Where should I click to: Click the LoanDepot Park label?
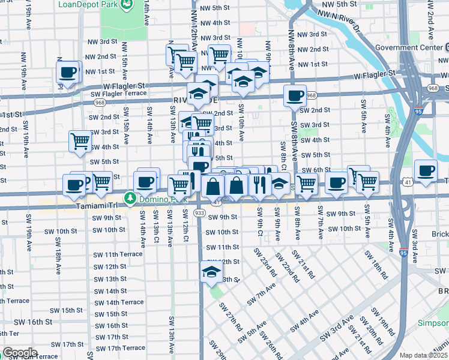coord(87,5)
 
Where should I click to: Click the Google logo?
coord(19,353)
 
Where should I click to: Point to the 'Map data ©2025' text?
coord(423,355)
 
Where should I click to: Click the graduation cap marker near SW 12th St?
coord(211,272)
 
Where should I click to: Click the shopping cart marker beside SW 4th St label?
coord(80,142)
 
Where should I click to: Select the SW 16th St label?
coord(34,322)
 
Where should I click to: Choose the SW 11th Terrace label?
coord(118,254)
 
